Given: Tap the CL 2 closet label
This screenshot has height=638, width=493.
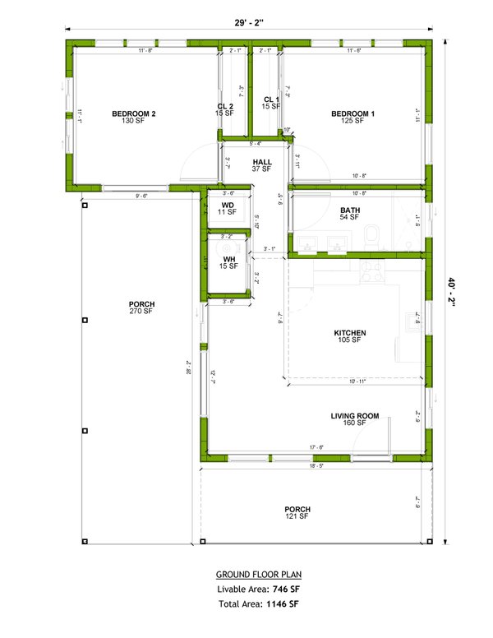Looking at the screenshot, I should (x=225, y=106).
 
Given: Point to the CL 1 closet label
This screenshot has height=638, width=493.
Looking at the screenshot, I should (x=271, y=99).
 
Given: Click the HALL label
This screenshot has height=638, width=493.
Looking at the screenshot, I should (x=262, y=162).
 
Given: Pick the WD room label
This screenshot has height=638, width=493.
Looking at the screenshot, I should (x=228, y=205).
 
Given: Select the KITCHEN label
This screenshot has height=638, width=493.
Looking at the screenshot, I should (x=349, y=333).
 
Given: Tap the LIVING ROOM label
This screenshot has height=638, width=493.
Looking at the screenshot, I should (x=355, y=416).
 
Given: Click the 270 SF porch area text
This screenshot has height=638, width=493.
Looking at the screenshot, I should (x=141, y=312).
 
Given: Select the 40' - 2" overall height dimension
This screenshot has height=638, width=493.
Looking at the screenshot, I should (x=452, y=291).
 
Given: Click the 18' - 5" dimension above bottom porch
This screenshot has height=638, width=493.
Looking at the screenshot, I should (x=316, y=465).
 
